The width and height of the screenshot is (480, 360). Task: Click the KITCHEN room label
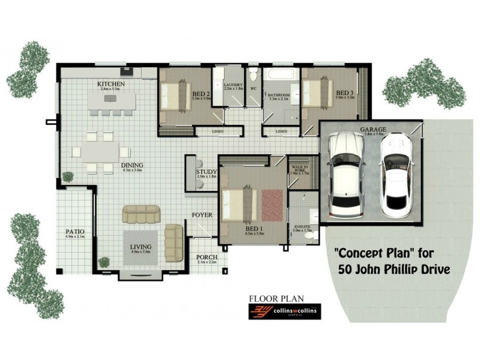[x=111, y=85]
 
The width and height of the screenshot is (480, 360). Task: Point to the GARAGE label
[x=373, y=130]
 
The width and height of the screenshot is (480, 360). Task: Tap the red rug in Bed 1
[x=271, y=205]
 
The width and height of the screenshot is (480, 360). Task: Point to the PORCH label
[x=206, y=257]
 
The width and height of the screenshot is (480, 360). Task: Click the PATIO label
[x=75, y=231]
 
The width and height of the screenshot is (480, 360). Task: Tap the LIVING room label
[x=140, y=247]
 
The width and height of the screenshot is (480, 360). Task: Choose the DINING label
[x=131, y=166]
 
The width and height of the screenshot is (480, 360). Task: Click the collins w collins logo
[x=285, y=311]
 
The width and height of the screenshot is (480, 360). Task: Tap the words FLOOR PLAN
[x=277, y=298]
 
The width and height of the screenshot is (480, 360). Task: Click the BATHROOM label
[x=279, y=95]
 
